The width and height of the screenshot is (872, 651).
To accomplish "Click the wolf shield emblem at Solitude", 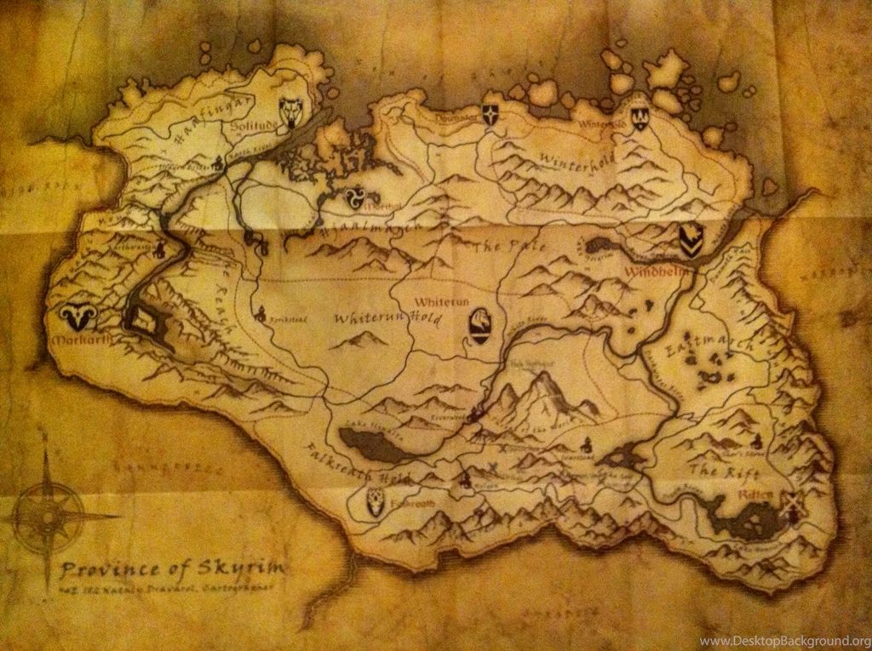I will [x=291, y=111].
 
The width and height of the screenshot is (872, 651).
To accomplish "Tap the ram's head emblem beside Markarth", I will [x=78, y=318].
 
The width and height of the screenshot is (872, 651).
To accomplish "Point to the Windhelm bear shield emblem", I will [x=691, y=241].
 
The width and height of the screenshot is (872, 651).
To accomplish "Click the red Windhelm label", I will [x=648, y=272].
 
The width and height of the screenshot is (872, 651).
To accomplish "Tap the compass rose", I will [x=49, y=517].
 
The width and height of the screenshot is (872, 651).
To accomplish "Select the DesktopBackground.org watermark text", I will [x=783, y=641].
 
